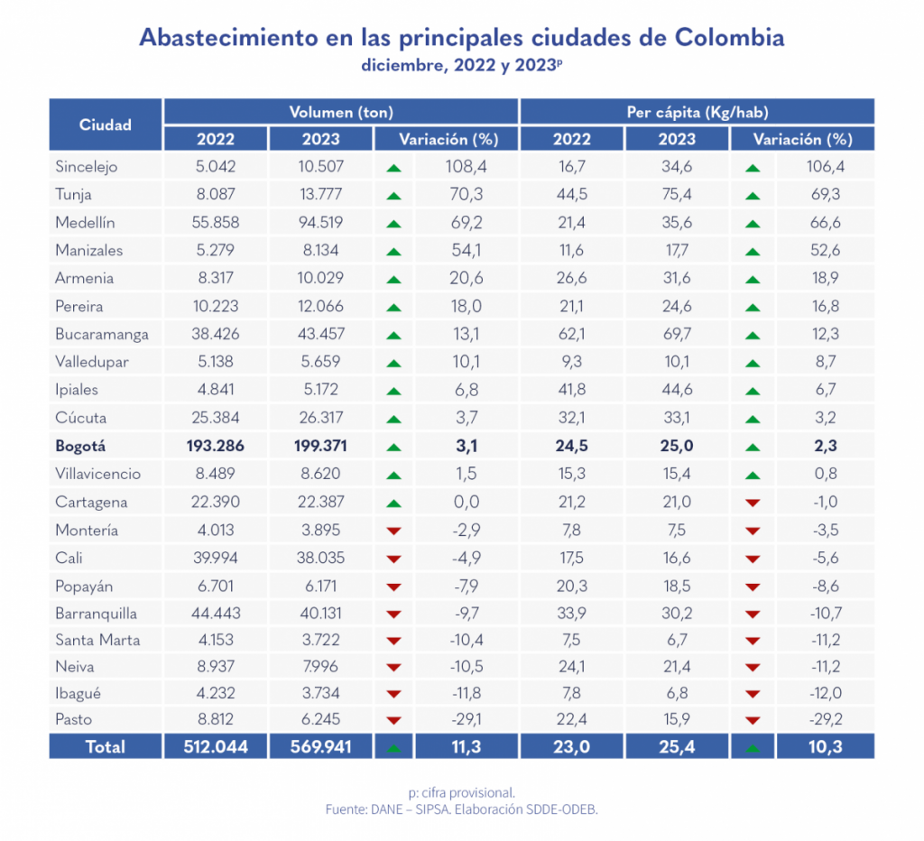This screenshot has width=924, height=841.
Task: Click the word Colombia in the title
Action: click(728, 38)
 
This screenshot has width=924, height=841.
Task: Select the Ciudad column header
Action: click(106, 125)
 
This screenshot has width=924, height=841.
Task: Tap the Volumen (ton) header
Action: click(341, 113)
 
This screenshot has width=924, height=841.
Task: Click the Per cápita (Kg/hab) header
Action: click(697, 113)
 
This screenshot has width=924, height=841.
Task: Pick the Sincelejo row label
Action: click(87, 166)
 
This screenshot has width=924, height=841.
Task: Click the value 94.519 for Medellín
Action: click(320, 222)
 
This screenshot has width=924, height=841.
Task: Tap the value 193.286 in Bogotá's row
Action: click(215, 446)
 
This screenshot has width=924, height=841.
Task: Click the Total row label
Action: click(106, 746)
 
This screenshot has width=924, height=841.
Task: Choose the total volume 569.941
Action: click(320, 746)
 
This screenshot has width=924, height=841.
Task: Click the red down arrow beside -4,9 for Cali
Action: click(393, 559)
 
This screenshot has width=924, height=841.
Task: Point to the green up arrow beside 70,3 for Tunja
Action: click(393, 196)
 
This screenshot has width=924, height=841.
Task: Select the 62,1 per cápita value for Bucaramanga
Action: click(571, 334)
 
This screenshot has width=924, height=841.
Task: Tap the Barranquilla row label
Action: click(96, 614)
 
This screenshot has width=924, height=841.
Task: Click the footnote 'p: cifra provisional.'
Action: click(461, 792)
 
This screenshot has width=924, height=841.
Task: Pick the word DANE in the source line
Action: click(387, 809)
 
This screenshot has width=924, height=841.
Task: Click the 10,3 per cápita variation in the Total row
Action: click(825, 746)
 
